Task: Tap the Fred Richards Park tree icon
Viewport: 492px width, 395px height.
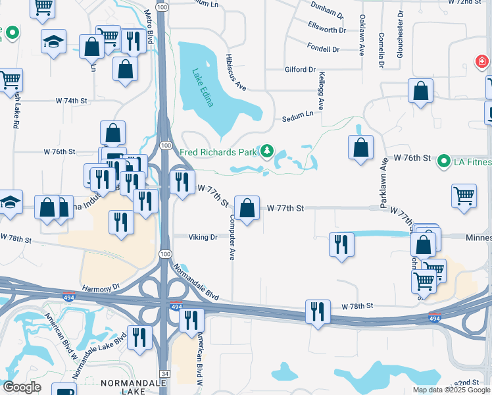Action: (x=266, y=152)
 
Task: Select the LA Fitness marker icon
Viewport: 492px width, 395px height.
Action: (x=444, y=161)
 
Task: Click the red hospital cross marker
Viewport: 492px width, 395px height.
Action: (x=482, y=63)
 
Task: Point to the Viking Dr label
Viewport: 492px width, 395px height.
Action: (x=203, y=237)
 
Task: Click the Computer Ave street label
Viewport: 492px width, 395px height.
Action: (x=232, y=237)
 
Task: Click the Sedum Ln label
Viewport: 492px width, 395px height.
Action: (x=298, y=116)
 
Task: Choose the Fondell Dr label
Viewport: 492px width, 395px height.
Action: (x=323, y=49)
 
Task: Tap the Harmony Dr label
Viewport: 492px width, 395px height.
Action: (x=102, y=288)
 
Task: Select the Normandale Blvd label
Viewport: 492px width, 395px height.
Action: (x=195, y=282)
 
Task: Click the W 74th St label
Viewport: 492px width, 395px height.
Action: (x=72, y=101)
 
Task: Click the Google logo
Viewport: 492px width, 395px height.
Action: (x=22, y=387)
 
